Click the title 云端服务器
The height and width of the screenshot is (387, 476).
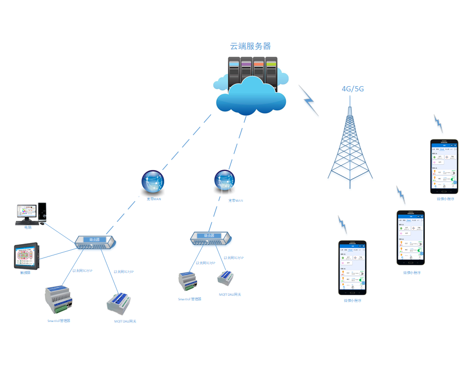[250, 46]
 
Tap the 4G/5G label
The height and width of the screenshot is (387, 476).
[353, 89]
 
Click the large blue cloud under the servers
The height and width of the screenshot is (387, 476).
[251, 95]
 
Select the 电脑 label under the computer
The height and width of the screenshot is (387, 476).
[27, 227]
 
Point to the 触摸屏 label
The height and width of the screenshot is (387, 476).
[25, 272]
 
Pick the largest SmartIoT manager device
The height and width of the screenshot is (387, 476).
[59, 300]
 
